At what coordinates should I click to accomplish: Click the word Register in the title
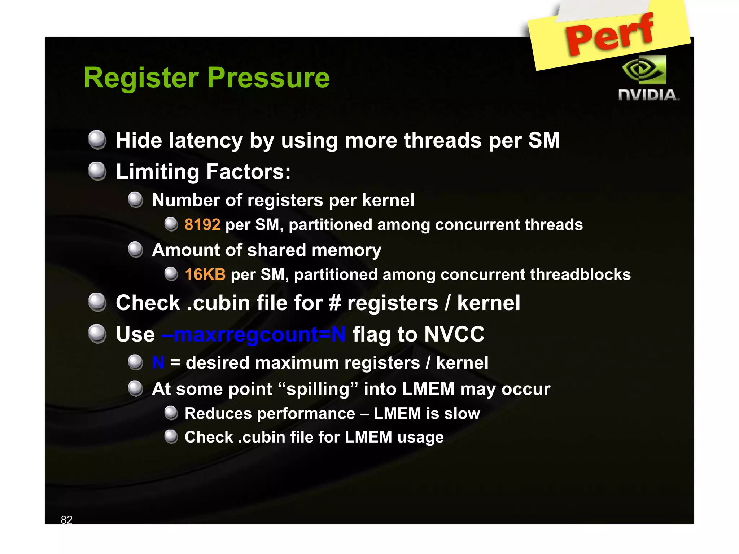click(141, 78)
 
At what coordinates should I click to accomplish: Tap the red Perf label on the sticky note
click(609, 35)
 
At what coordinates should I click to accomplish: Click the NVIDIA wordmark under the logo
click(648, 95)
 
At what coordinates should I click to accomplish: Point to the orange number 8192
click(202, 225)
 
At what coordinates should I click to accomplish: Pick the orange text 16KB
click(205, 274)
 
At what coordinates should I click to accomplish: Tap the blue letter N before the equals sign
click(158, 362)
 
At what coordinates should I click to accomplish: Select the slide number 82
click(67, 519)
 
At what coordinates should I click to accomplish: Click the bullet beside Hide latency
click(97, 140)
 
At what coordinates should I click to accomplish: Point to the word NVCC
click(454, 334)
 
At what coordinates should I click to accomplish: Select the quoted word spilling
click(318, 389)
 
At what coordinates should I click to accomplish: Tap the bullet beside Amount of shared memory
click(136, 250)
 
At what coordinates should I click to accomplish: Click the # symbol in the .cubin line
click(335, 303)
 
